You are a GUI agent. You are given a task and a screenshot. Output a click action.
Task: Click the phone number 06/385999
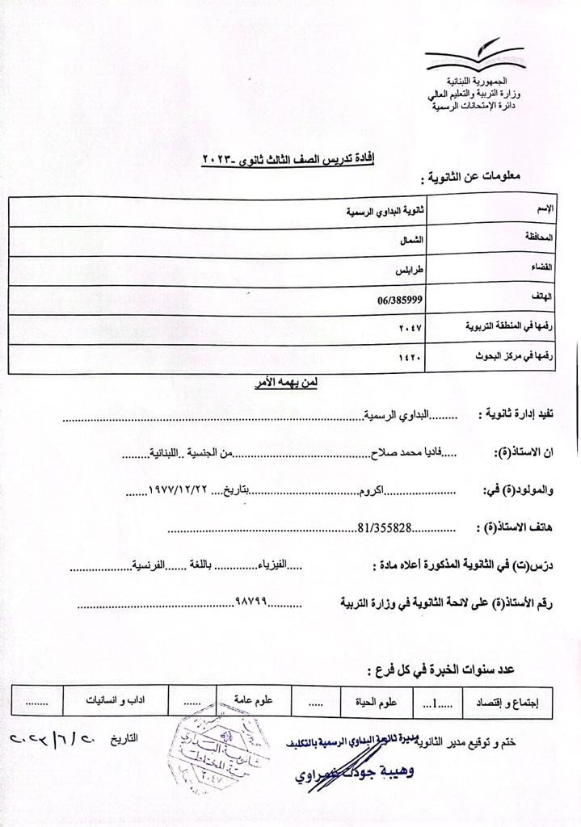click(402, 299)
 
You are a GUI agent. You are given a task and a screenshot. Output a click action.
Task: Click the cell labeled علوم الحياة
click(377, 702)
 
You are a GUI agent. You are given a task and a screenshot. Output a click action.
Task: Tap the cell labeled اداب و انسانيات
click(122, 702)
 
